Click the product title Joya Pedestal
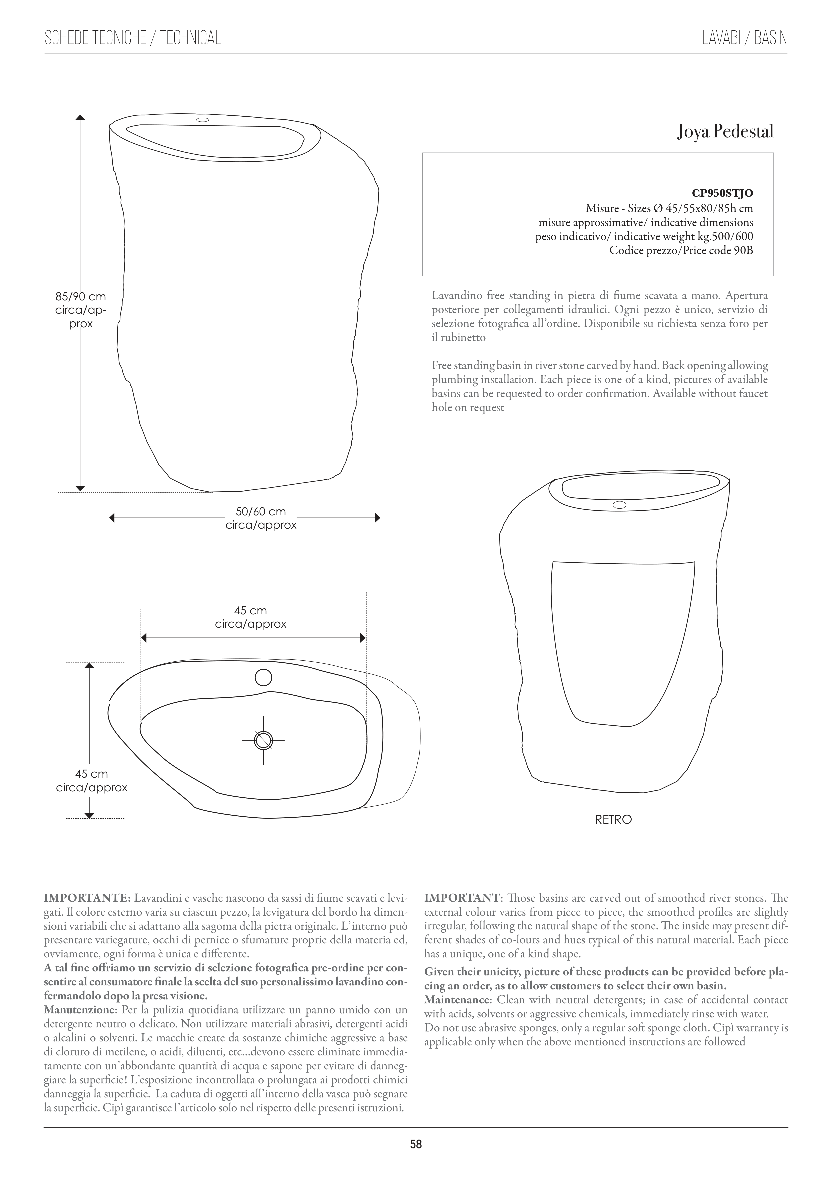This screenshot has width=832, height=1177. [x=725, y=132]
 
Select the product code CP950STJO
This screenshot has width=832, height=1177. [x=722, y=193]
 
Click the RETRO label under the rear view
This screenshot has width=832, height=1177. [x=613, y=819]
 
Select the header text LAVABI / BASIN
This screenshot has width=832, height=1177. [x=744, y=38]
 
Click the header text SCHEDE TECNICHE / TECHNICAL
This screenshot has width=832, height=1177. [x=133, y=38]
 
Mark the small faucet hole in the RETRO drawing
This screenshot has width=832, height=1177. [x=619, y=505]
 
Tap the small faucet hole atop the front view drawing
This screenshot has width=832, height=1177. [x=203, y=120]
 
